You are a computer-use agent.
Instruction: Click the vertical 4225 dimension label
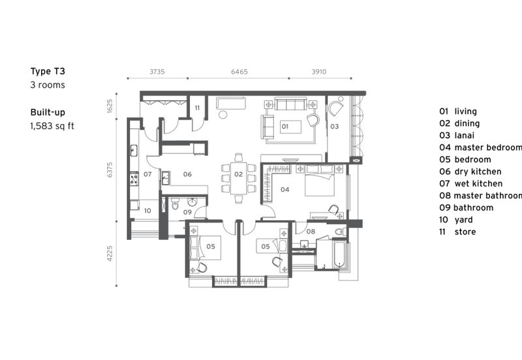click(110, 252)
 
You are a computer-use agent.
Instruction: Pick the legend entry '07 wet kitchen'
click(470, 184)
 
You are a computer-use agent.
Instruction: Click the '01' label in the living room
click(284, 126)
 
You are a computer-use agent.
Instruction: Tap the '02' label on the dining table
click(239, 175)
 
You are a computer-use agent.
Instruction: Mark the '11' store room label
click(197, 108)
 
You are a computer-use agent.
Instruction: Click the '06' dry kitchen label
click(187, 175)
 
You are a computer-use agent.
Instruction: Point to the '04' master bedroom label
click(284, 190)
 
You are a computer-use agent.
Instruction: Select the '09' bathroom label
click(187, 212)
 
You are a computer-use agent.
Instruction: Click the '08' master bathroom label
click(311, 232)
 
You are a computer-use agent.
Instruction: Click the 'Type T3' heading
click(48, 72)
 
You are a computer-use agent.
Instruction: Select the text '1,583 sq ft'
click(52, 126)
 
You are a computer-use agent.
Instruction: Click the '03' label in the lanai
click(333, 126)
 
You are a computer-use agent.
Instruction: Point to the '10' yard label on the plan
click(147, 211)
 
